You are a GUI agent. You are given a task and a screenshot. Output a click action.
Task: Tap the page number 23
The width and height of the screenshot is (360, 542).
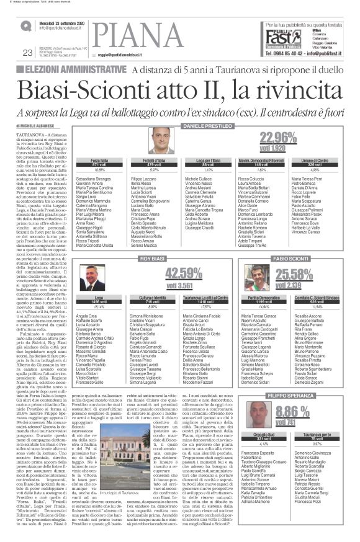27,52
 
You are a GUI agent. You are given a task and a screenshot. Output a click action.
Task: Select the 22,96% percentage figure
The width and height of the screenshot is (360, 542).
278,138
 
